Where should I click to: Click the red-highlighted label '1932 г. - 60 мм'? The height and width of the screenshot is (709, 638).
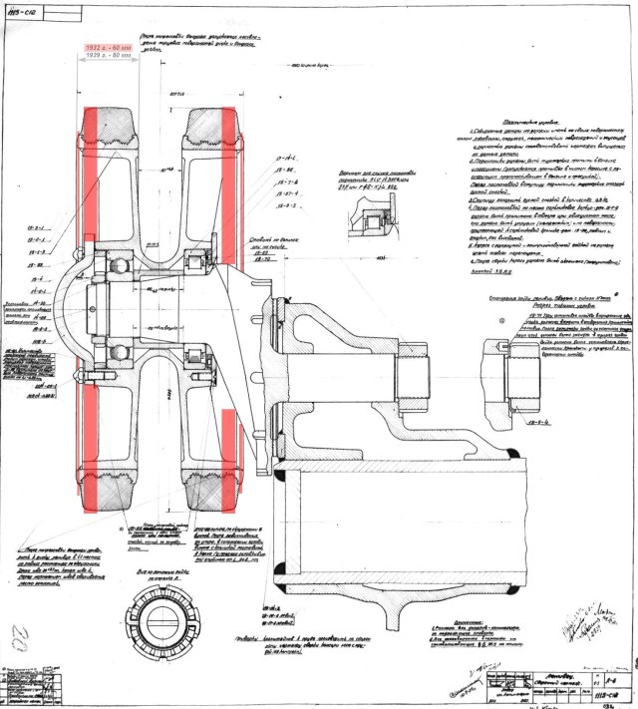coord(111,48)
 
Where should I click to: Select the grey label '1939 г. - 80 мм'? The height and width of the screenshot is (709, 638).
coord(111,57)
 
